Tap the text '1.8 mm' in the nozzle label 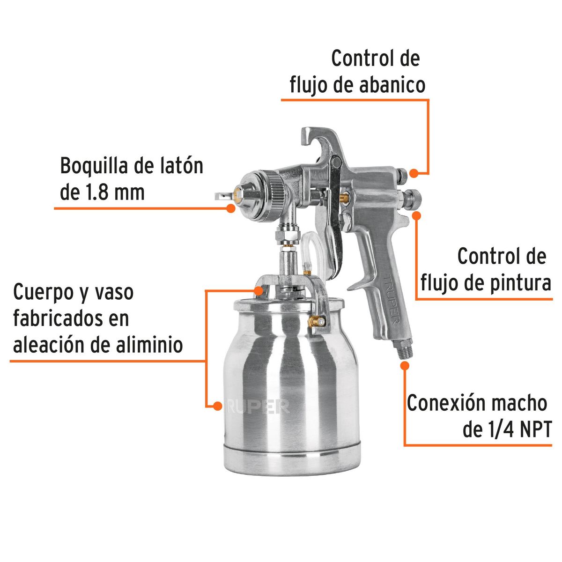(118, 192)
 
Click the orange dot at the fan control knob (414, 173)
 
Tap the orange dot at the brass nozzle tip (230, 207)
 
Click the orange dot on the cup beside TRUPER (217, 406)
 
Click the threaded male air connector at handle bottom (403, 350)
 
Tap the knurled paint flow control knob (412, 199)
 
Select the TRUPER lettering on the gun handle (392, 302)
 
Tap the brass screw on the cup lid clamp (318, 322)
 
